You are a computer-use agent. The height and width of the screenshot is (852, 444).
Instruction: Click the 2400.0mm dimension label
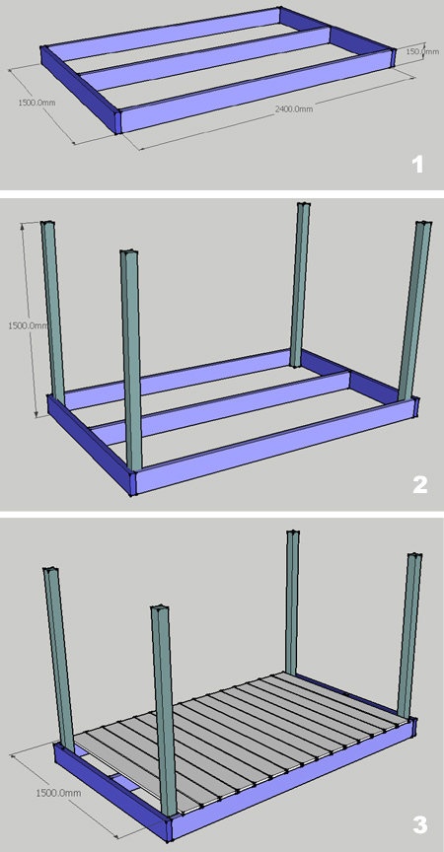[x=294, y=109]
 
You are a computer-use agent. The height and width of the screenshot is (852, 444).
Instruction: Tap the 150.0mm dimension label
[x=423, y=51]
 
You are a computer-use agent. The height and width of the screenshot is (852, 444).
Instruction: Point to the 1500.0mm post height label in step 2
[x=29, y=325]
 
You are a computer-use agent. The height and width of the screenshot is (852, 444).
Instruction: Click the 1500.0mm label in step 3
[x=58, y=793]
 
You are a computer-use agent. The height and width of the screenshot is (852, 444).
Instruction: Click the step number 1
[x=417, y=165]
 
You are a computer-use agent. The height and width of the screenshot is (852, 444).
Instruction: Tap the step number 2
[x=419, y=485]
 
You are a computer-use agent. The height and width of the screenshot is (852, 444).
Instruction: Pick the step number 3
[x=419, y=825]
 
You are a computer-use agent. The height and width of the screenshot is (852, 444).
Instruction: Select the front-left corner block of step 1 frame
[x=116, y=121]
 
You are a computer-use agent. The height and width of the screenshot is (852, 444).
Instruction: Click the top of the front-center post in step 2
[x=129, y=253]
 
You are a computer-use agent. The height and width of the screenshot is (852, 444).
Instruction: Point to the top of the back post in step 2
[x=303, y=205]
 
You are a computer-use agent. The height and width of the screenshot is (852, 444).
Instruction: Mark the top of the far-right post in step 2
[x=423, y=224]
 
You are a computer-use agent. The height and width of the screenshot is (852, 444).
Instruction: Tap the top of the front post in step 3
[x=160, y=609]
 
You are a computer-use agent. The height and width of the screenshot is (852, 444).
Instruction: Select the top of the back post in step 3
[x=293, y=533]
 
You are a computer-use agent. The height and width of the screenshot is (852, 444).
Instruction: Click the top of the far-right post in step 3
[x=414, y=556]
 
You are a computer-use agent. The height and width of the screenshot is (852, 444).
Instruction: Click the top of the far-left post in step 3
[x=51, y=571]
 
